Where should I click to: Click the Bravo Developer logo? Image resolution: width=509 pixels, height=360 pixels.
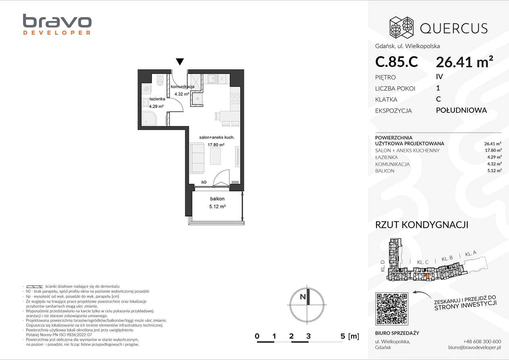[57, 25]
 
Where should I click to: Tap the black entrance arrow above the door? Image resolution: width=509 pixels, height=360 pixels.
[180, 62]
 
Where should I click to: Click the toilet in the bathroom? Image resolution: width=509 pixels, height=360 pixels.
[160, 81]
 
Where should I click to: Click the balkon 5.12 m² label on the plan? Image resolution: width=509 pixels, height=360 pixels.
[217, 203]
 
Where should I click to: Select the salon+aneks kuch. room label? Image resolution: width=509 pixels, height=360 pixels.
[217, 137]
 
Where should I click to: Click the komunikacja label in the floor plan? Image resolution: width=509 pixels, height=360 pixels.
[182, 87]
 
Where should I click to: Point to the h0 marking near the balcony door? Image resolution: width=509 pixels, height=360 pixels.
[204, 182]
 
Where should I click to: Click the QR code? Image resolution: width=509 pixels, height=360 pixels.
[392, 308]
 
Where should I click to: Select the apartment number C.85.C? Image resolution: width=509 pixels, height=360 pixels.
[396, 62]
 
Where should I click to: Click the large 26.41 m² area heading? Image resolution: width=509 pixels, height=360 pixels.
[464, 62]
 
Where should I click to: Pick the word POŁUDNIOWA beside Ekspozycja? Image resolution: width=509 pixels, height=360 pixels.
[461, 110]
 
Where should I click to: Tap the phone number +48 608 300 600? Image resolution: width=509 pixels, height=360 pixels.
[482, 341]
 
